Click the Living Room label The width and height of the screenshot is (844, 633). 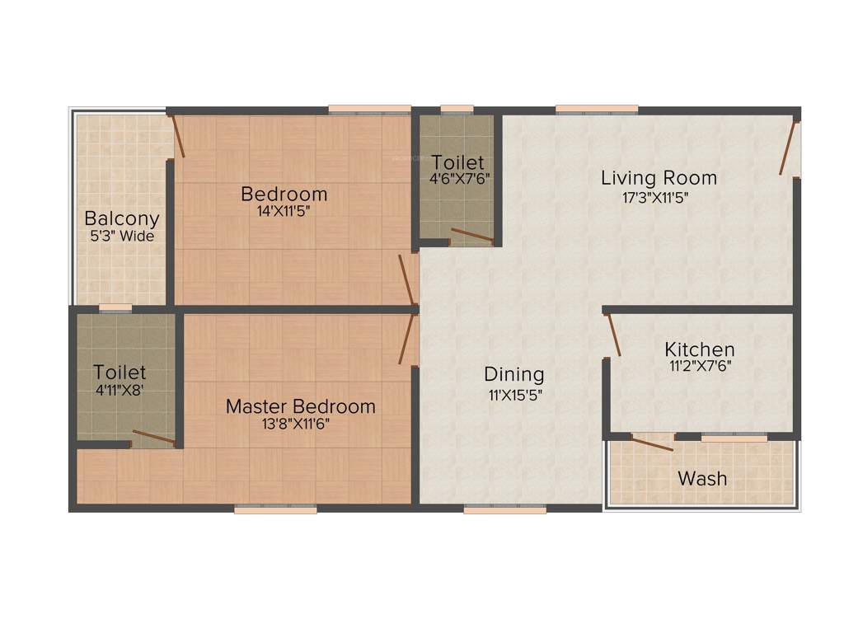[659, 177]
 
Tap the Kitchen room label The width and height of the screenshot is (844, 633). [700, 349]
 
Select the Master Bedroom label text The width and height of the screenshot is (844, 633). [301, 406]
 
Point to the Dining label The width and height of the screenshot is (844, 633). [514, 375]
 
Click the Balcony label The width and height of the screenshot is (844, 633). [122, 219]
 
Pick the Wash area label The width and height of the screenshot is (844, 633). [702, 478]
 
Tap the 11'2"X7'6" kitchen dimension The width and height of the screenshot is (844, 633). [700, 367]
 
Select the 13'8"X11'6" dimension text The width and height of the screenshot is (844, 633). [301, 424]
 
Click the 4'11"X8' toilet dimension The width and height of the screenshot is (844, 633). [120, 391]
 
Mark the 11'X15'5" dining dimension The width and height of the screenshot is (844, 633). [515, 394]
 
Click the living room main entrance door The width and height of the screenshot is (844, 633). [790, 148]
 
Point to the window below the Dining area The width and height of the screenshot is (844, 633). [504, 510]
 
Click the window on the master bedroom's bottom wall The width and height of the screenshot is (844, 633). [275, 510]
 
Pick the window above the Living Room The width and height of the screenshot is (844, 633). [596, 109]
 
